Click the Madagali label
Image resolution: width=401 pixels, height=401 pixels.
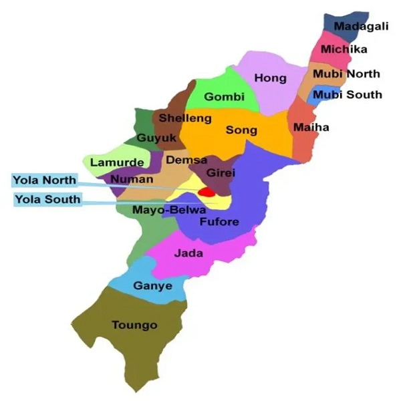pyautogui.click(x=356, y=26)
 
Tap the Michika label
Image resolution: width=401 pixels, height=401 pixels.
pyautogui.click(x=343, y=49)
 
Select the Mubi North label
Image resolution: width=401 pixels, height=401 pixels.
pyautogui.click(x=347, y=74)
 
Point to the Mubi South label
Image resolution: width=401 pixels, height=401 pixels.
pyautogui.click(x=348, y=94)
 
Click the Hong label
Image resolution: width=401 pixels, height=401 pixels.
pyautogui.click(x=271, y=78)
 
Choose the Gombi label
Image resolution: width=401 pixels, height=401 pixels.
pyautogui.click(x=221, y=97)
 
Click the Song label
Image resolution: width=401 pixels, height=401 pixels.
pyautogui.click(x=241, y=130)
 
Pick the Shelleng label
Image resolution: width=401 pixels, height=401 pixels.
pyautogui.click(x=184, y=118)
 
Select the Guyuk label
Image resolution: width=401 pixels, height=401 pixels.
pyautogui.click(x=156, y=138)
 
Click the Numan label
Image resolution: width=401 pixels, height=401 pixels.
pyautogui.click(x=127, y=179)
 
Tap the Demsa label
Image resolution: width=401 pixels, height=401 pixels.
pyautogui.click(x=182, y=160)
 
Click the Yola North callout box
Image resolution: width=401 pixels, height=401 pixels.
pyautogui.click(x=45, y=180)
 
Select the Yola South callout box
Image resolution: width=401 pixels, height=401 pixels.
pyautogui.click(x=47, y=199)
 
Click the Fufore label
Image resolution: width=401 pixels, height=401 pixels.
pyautogui.click(x=219, y=222)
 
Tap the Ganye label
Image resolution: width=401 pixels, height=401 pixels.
pyautogui.click(x=152, y=286)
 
